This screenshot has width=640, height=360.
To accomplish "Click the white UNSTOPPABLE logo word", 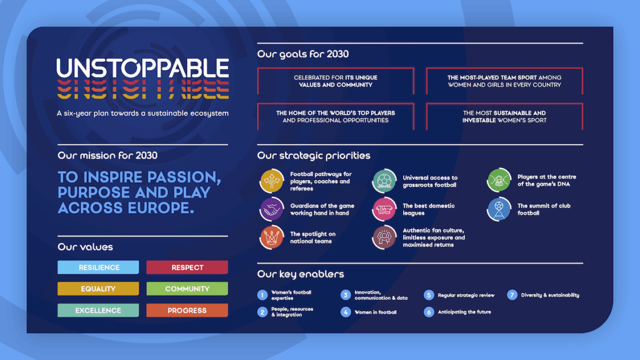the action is coord(142,67).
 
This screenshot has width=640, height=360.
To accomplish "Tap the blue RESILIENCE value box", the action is coord(98,267).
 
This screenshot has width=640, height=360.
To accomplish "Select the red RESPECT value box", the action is coord(187,267).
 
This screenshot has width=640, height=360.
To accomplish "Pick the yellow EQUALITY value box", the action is coord(98,289).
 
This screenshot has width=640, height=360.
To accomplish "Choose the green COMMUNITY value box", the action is coord(187,289).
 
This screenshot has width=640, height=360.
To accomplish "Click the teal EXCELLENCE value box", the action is coord(98,310).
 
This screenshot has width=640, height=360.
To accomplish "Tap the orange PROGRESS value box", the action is coord(187,310).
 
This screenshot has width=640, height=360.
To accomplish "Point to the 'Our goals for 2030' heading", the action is coord(303,54).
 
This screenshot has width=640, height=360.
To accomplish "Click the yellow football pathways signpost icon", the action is coord(271,181).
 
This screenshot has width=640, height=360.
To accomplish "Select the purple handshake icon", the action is coord(271,209).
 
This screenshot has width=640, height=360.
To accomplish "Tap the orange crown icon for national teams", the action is coord(271,237).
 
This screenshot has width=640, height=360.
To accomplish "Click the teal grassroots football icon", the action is coord(384,181).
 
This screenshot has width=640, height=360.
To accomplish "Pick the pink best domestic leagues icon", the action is coord(384,209).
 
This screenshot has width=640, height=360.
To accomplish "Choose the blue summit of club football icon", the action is coord(499,209).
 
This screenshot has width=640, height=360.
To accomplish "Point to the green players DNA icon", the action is coord(499,180).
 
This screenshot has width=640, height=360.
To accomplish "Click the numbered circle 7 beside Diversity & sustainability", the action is coord(512,295).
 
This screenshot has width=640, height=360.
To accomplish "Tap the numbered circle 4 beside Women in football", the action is coord(346,312).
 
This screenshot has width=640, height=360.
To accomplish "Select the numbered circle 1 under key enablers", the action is coord(262,295).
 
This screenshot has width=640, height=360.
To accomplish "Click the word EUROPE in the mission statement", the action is coord(161,207).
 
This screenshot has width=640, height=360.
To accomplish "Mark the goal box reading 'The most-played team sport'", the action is coord(504,81).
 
